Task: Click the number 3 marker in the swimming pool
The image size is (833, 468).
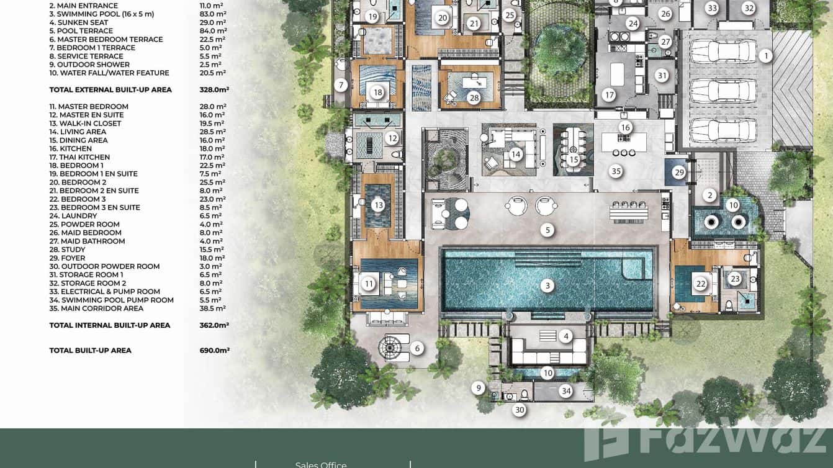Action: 547,286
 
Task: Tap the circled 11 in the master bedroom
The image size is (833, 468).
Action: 369,284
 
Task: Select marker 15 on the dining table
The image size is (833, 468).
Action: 574,160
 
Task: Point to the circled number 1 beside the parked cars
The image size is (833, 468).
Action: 766,56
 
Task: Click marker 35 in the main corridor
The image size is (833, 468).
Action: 616,171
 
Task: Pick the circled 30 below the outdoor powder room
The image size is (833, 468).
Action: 520,410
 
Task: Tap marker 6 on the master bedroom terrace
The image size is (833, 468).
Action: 417,348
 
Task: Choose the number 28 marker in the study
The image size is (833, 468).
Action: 474,97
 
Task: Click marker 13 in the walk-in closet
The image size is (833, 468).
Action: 379,205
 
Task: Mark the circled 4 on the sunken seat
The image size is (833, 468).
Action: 565,336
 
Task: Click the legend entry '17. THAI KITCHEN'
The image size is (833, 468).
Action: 79,157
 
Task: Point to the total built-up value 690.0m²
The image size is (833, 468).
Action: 214,350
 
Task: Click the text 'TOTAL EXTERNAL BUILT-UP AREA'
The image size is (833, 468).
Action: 110,89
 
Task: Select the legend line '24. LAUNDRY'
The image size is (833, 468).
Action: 73,216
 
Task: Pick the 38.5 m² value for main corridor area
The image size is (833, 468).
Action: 212,308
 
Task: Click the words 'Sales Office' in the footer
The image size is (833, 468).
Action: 321,464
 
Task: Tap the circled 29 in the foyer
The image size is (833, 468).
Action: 679,173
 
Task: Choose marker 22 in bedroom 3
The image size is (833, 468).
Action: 701,284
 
